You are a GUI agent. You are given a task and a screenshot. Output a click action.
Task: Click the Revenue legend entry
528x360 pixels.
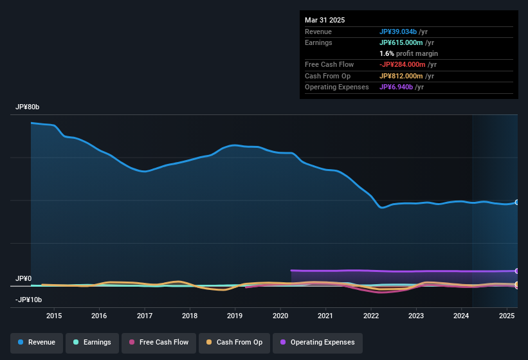[x=36, y=342]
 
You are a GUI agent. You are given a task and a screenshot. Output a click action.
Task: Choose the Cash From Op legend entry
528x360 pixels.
[x=235, y=342]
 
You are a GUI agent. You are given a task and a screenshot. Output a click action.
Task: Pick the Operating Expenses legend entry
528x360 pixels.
[x=317, y=342]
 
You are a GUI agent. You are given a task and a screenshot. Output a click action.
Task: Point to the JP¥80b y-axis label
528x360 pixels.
[x=28, y=107]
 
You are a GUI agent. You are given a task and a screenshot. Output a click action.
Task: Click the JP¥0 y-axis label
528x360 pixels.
[x=23, y=278]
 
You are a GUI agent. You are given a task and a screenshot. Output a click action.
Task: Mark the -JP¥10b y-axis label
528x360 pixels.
[x=28, y=300]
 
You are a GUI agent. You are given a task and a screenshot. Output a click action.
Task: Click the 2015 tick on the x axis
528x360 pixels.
[x=54, y=316]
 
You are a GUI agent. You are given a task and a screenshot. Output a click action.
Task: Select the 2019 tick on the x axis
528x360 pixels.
[x=235, y=316]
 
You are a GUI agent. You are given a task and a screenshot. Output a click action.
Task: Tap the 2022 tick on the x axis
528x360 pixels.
[x=370, y=316]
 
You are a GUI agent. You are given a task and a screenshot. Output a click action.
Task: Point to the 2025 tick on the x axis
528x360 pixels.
[x=506, y=316]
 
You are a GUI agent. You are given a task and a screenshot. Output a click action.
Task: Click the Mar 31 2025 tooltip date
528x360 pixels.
[x=325, y=20]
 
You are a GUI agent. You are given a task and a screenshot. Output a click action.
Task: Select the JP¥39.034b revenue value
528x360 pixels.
[x=398, y=32]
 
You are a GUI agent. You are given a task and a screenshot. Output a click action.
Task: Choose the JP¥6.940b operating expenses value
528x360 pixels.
[x=396, y=87]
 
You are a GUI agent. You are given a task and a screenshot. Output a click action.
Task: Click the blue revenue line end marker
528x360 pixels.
[x=517, y=203]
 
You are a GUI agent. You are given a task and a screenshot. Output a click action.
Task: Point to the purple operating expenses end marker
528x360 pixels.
[x=517, y=271]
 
